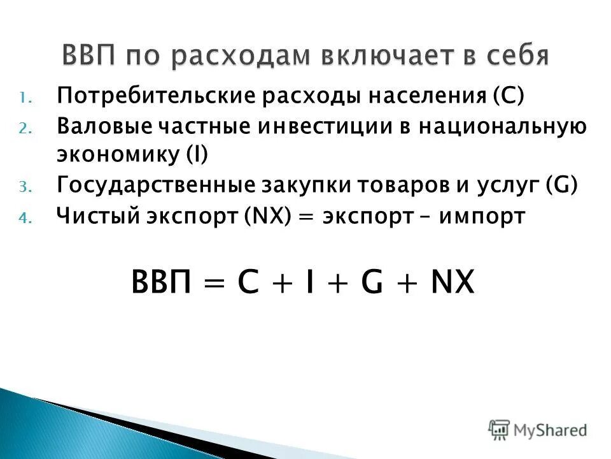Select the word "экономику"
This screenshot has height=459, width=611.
[x=117, y=156]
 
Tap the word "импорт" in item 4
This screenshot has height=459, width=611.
[x=488, y=216]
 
